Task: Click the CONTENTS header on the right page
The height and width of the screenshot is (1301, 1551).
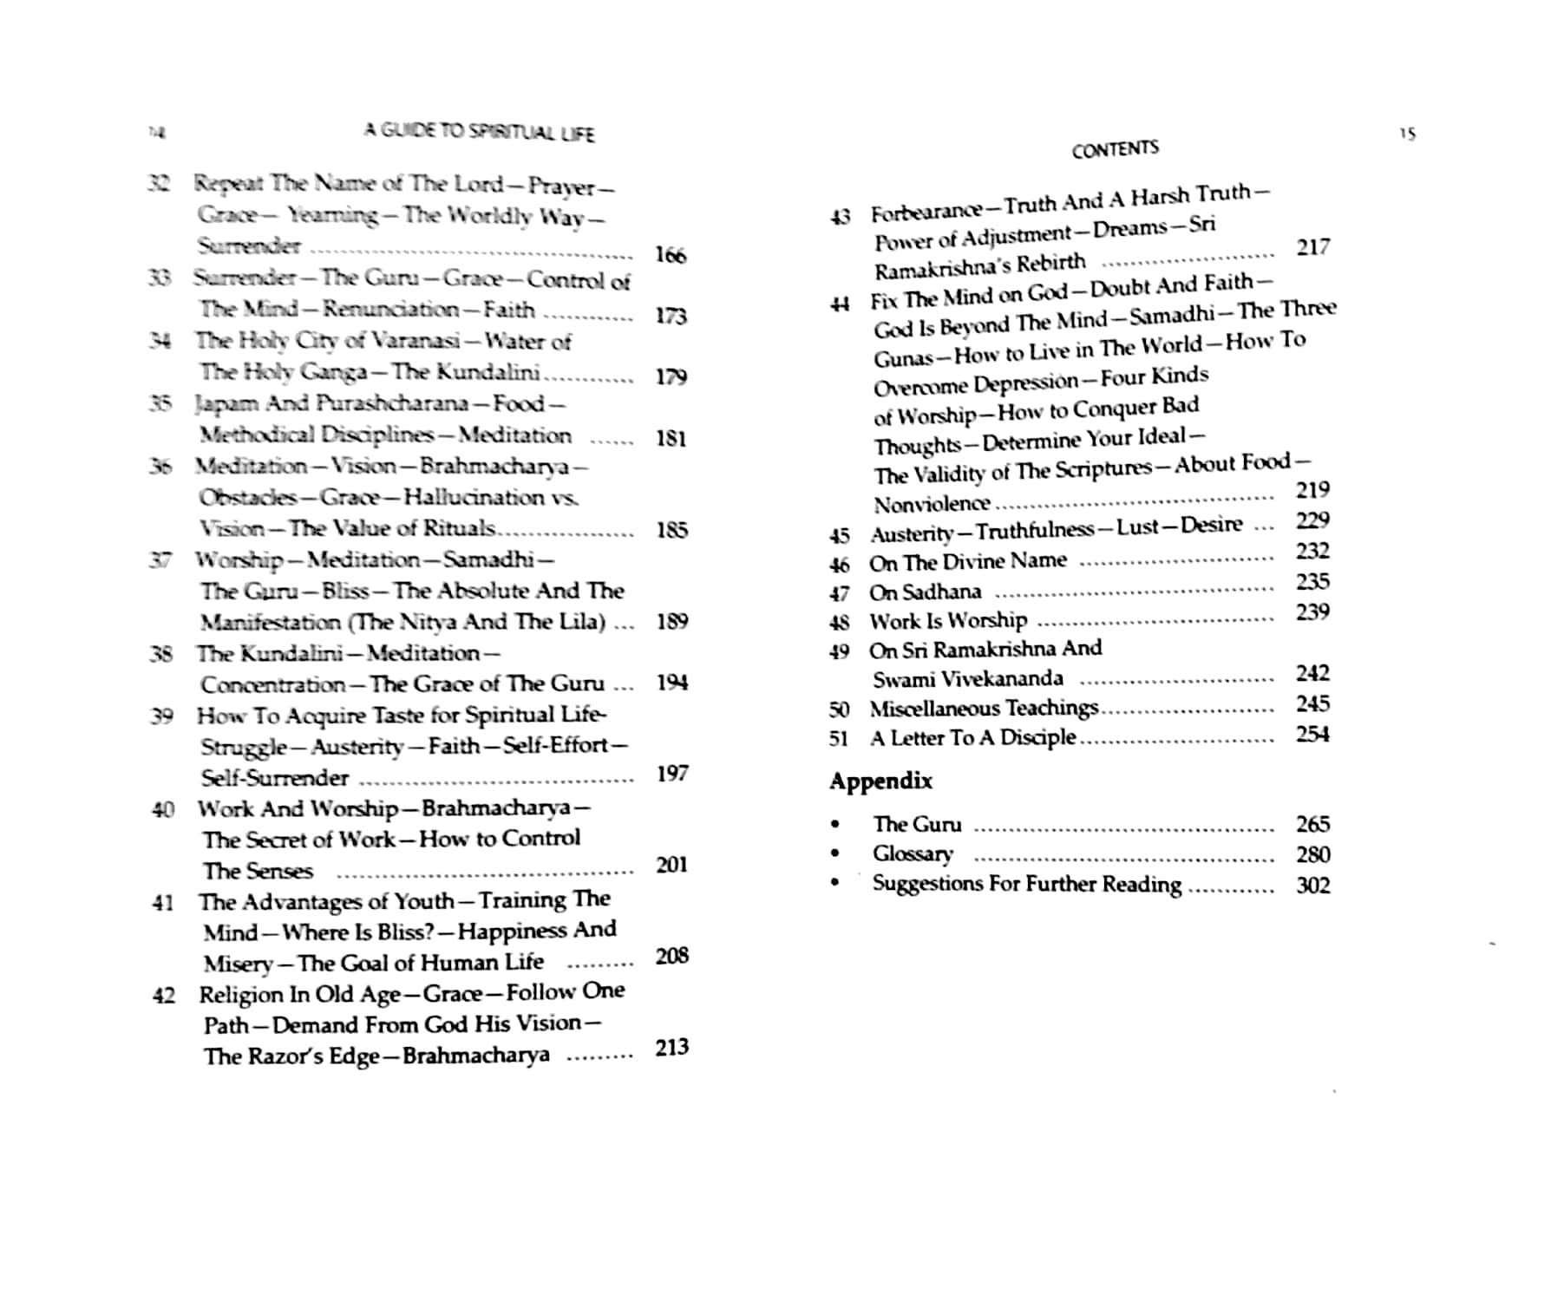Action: [1115, 149]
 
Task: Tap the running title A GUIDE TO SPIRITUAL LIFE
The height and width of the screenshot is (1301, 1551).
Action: [479, 132]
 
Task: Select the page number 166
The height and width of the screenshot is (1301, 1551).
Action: [671, 255]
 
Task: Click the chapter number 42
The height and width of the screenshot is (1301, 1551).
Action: [163, 995]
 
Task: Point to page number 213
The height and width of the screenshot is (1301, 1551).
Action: [671, 1048]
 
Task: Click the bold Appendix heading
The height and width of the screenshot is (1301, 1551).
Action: [880, 781]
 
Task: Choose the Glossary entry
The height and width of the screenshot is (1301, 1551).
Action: [913, 854]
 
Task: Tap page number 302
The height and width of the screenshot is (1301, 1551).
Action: [1312, 886]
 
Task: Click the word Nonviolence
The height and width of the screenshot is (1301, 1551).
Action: [932, 504]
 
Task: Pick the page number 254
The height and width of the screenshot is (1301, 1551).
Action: [1312, 735]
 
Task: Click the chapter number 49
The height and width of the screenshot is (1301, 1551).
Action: [839, 650]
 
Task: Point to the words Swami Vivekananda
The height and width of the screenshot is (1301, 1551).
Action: [967, 679]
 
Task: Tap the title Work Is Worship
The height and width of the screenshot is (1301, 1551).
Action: [948, 621]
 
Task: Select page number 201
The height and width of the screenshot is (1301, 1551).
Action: [671, 866]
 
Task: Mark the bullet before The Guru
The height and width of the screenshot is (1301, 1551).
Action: [834, 824]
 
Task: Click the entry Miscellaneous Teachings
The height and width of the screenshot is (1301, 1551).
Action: [984, 709]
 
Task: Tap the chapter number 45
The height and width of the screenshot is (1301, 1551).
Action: [839, 534]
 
